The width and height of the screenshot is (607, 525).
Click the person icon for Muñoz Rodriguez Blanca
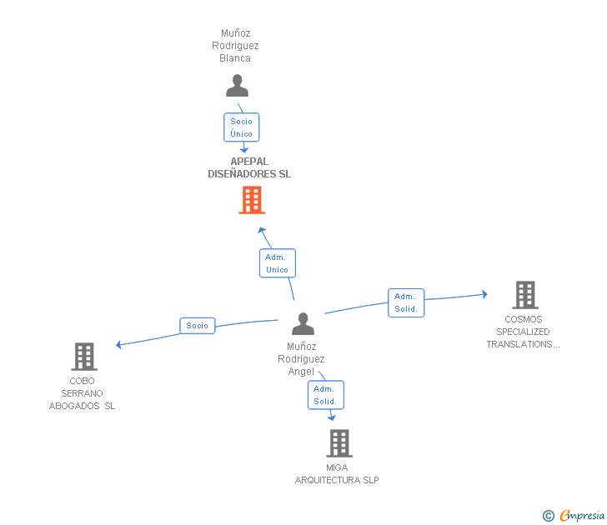237,86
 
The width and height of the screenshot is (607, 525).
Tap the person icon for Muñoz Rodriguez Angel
303,324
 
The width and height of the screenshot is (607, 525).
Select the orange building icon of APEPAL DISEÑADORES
252,200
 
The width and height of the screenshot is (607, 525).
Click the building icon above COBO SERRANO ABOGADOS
84,357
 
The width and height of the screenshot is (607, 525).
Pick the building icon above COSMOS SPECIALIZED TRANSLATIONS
525,295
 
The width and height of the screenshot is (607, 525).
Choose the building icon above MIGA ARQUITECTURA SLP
339,443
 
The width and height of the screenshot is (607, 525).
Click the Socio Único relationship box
242,127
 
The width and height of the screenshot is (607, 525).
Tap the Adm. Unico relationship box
277,263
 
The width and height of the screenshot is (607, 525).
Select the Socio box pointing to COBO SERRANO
197,326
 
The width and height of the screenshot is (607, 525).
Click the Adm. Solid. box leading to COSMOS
406,303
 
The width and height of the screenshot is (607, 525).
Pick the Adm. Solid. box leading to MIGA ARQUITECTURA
325,395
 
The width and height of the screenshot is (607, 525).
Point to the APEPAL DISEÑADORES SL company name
249,167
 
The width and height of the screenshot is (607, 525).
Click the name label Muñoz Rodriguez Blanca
235,46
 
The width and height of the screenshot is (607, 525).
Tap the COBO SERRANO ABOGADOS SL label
82,393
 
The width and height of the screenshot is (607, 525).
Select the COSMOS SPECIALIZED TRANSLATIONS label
523,332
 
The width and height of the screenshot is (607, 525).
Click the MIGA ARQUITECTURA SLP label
337,474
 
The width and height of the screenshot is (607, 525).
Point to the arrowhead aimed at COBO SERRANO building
119,344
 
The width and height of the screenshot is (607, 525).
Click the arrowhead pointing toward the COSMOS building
484,294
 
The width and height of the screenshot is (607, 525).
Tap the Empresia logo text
582,515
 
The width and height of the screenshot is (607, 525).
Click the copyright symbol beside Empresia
548,516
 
